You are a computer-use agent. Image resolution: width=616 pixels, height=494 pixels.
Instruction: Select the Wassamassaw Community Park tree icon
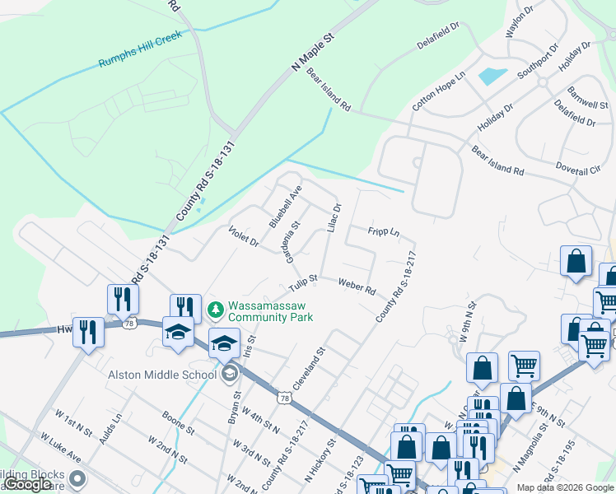pyautogui.click(x=216, y=310)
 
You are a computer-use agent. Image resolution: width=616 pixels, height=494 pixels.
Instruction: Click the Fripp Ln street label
pyautogui.click(x=384, y=233)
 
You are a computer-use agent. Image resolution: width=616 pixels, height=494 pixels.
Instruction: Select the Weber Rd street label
pyautogui.click(x=357, y=286)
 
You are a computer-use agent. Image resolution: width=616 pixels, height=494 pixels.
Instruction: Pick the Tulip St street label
pyautogui.click(x=303, y=283)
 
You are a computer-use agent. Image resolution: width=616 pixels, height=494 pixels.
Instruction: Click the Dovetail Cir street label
pyautogui.click(x=579, y=169)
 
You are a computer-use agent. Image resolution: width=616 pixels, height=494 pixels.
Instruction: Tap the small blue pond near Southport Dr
pyautogui.click(x=492, y=76)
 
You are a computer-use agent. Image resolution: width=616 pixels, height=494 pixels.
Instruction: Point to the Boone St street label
pyautogui.click(x=178, y=423)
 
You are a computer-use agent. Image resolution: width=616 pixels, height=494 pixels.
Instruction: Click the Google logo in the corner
pyautogui.click(x=27, y=484)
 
